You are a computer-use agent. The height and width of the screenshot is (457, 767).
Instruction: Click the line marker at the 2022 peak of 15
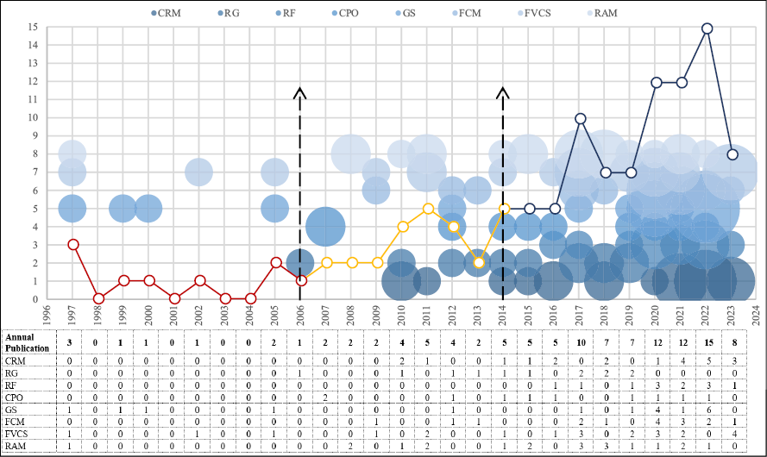(x=707, y=28)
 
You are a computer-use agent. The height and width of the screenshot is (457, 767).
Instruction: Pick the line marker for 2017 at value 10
(x=581, y=118)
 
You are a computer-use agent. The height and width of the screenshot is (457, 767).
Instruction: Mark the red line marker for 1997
(x=73, y=244)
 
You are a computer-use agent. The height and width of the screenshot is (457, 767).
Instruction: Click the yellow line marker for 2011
(x=428, y=208)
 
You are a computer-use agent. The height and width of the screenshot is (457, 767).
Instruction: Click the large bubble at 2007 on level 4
(x=326, y=227)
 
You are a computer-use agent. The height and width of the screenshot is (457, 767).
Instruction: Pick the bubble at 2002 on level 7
(x=198, y=172)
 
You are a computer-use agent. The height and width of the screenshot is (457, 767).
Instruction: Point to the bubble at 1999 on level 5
(x=123, y=209)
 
